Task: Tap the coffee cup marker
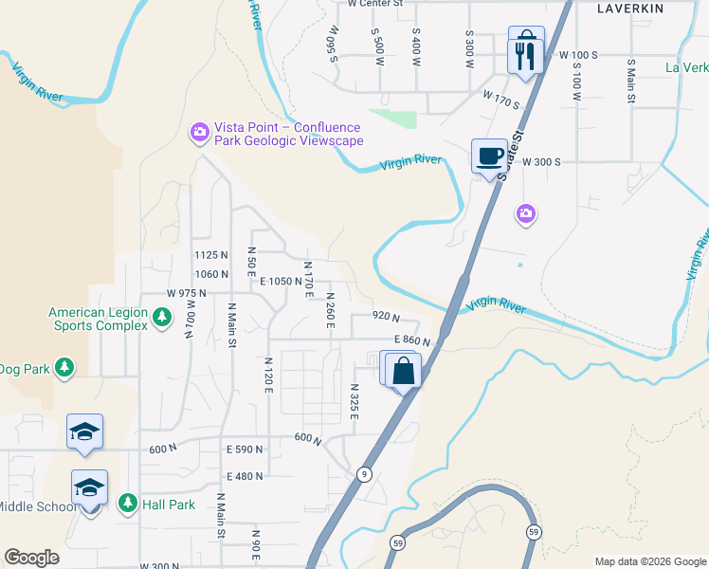[x=489, y=156]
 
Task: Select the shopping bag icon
[x=403, y=369]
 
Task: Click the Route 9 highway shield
[x=364, y=473]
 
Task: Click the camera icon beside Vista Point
[x=199, y=134]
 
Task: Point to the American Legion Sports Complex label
[x=99, y=319]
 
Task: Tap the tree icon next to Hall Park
[x=127, y=505]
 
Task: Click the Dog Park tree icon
[x=64, y=368]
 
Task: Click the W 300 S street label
[x=541, y=162]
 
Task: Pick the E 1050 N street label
[x=280, y=281]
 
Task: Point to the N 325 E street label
[x=354, y=405]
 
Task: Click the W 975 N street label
[x=186, y=294]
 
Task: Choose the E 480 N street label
[x=245, y=476]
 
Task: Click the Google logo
[x=31, y=558]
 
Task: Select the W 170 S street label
[x=501, y=96]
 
